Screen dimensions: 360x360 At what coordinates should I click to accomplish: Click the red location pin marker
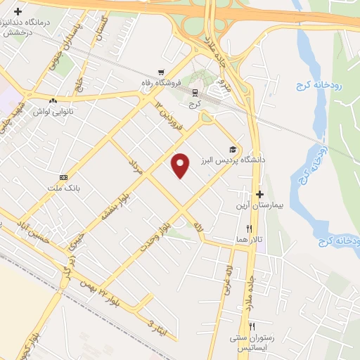(181, 165)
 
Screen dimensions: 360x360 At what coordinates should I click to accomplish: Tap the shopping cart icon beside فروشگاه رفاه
(162, 72)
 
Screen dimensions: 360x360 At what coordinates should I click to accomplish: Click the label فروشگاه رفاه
(182, 83)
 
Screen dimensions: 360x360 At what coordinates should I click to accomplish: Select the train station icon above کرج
(195, 93)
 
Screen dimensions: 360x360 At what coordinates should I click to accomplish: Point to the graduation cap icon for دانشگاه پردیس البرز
(231, 149)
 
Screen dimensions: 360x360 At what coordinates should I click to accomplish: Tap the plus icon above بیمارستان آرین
(259, 194)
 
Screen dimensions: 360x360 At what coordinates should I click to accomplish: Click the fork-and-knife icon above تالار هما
(249, 229)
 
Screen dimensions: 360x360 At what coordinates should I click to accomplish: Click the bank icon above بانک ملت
(64, 178)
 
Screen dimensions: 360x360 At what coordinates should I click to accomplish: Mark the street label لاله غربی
(228, 275)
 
